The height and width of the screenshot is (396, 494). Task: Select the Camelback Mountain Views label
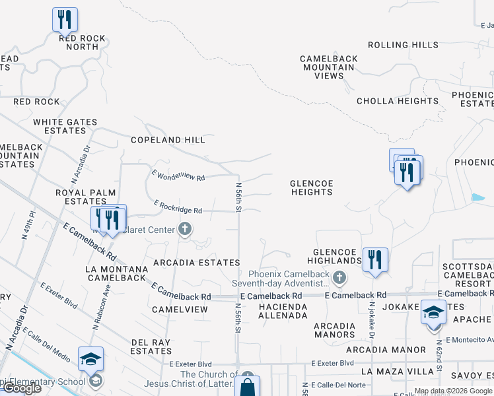(329, 67)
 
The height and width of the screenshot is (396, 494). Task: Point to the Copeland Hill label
(168, 140)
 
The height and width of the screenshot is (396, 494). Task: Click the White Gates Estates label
(65, 127)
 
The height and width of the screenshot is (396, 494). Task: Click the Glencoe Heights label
(311, 187)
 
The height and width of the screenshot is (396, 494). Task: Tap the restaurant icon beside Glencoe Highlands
(375, 259)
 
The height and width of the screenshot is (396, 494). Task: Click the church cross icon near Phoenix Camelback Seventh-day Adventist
(339, 277)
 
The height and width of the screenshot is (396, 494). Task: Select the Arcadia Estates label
(196, 263)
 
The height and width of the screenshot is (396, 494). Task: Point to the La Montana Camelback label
(116, 273)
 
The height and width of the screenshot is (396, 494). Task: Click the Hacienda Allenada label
(283, 312)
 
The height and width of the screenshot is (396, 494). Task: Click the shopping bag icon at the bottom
(247, 387)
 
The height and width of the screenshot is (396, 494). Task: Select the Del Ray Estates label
(151, 346)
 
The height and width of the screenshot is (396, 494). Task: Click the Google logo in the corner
(21, 388)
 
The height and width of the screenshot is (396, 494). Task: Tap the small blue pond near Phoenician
(477, 197)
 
